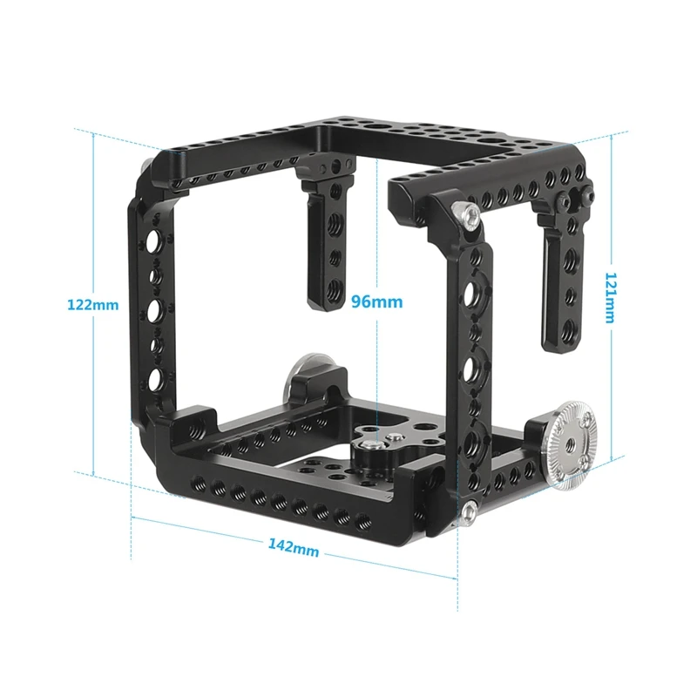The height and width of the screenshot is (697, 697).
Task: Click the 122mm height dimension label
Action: [x=91, y=305]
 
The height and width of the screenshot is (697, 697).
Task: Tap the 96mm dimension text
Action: [x=376, y=302]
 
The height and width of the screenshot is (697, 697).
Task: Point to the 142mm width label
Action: [x=294, y=548]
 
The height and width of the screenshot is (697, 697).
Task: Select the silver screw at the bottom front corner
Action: [x=468, y=511]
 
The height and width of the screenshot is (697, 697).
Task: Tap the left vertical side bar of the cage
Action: [x=148, y=305]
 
